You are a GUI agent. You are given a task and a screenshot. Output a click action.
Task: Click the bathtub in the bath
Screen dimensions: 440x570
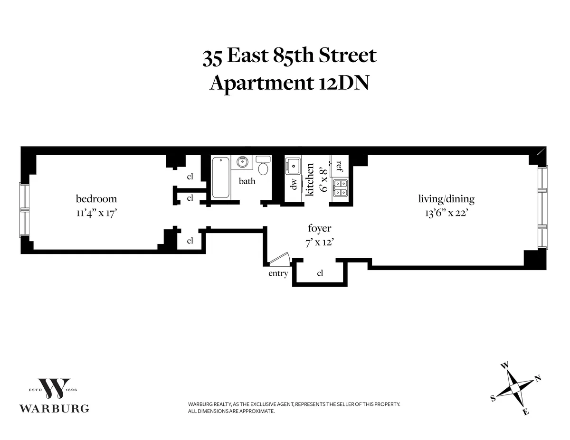(x=220, y=178)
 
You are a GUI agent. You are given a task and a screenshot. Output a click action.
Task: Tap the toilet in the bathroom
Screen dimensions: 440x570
(x=263, y=167)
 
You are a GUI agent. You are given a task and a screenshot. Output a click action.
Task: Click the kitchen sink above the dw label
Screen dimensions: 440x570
(x=292, y=166)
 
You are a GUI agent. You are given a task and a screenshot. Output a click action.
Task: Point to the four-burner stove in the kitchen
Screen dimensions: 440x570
(x=340, y=188)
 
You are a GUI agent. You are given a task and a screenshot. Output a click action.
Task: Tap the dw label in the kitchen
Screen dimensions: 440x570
(x=294, y=184)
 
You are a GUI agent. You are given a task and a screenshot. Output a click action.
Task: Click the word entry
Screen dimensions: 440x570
(x=278, y=273)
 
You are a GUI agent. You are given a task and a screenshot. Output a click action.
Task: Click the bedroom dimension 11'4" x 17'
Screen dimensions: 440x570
(x=96, y=213)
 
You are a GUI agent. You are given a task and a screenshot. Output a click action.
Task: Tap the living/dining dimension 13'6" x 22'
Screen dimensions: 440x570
(x=446, y=213)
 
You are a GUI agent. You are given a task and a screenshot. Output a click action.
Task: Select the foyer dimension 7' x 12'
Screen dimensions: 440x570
(x=320, y=241)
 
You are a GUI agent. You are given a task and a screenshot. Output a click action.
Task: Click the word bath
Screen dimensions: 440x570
(x=247, y=181)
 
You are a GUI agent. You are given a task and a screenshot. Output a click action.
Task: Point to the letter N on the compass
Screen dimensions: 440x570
(x=538, y=378)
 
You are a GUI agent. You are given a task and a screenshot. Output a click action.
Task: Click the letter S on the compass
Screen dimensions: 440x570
(x=493, y=399)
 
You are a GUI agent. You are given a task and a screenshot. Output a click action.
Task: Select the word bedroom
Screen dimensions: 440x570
(x=96, y=199)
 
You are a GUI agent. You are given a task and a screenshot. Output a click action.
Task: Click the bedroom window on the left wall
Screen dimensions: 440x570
(x=23, y=210)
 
